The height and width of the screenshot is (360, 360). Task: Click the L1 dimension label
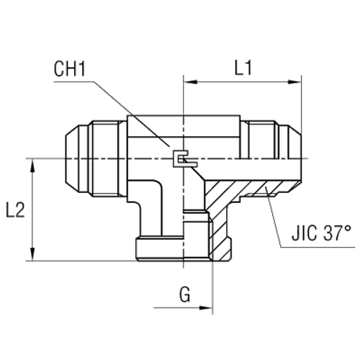click(x=242, y=69)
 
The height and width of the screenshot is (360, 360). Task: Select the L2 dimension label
click(x=15, y=210)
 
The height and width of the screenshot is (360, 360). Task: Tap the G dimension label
click(x=186, y=295)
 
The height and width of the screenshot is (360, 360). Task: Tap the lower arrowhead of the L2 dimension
click(x=33, y=254)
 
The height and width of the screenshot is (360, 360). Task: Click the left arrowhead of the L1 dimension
click(x=189, y=83)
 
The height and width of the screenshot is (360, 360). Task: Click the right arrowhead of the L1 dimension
click(x=296, y=83)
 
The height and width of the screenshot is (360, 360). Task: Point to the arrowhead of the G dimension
click(x=209, y=310)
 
